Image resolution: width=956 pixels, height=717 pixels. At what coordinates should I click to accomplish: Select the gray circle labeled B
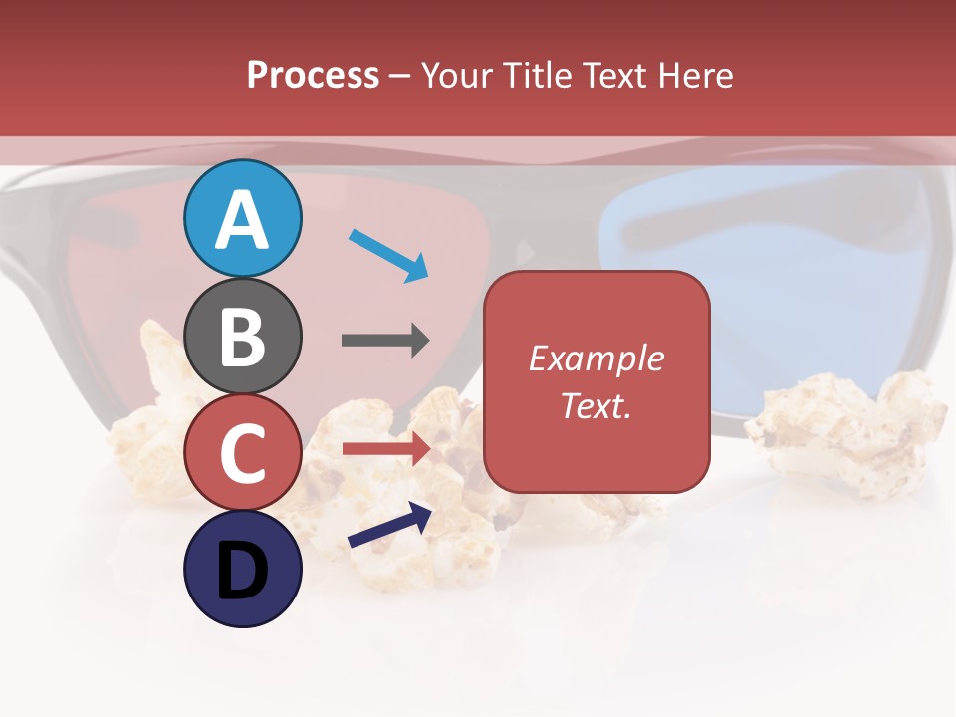click(x=243, y=337)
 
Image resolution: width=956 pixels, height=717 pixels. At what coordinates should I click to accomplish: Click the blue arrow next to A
click(x=389, y=255)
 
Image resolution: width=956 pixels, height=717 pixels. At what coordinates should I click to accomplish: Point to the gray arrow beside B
click(x=385, y=340)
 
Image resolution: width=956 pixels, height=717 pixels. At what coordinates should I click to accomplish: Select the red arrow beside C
click(x=386, y=449)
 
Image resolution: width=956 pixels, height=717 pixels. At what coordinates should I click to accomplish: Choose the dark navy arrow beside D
click(x=389, y=525)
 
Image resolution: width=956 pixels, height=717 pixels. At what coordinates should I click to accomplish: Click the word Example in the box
click(x=597, y=358)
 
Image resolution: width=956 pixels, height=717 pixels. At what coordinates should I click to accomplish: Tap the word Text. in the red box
click(x=597, y=406)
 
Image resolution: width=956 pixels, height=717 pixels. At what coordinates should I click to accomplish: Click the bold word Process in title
click(x=313, y=76)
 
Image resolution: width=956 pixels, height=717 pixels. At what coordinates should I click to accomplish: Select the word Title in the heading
click(x=538, y=76)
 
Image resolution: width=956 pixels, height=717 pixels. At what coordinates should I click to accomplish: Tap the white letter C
click(x=243, y=453)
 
